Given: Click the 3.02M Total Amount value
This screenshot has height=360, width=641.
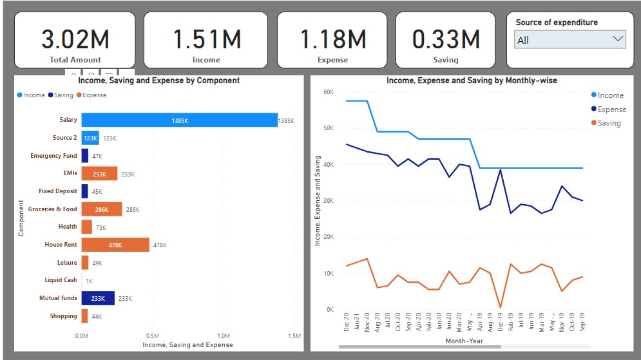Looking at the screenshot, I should point(75,39).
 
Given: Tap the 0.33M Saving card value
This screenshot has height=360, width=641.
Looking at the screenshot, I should point(446,39).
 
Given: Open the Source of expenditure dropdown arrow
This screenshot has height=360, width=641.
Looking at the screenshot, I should point(618,39).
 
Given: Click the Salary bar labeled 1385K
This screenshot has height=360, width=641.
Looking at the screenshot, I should point(179,120).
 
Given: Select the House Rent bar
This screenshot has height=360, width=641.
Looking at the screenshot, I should point(115,245).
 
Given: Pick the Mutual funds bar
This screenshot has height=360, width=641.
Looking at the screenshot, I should point(98,298).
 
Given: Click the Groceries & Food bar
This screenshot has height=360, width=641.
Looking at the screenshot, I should point(102,209).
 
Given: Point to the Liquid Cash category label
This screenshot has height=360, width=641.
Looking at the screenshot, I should point(61,280).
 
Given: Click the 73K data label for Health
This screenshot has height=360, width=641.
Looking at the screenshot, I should point(101,227).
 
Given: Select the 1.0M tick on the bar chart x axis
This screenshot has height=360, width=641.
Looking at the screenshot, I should point(224,336).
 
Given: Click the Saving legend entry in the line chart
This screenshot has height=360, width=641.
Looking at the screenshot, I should point(608,123).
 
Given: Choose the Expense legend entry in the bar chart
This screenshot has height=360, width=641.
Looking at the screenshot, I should point(91,95).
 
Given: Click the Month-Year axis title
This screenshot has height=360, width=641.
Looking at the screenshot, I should point(464,340).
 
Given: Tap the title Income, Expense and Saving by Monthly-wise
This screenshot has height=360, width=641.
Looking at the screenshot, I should point(472,81).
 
